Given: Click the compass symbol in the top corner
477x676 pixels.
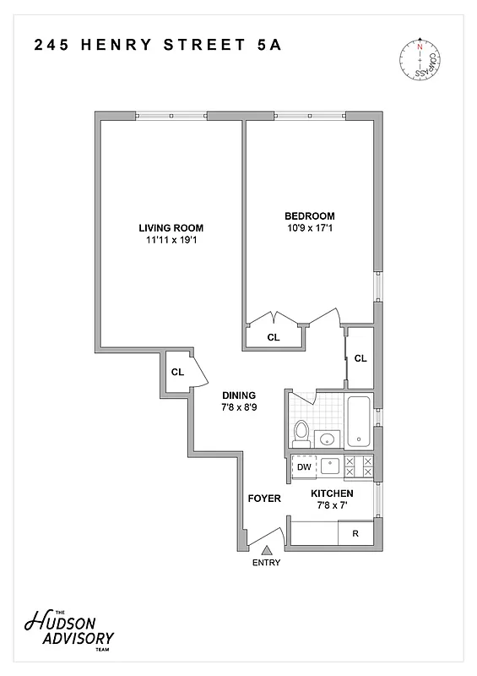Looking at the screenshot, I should (x=418, y=60).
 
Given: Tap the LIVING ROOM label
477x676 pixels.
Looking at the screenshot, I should (x=171, y=228).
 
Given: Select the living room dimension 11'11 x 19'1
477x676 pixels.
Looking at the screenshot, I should (x=171, y=241).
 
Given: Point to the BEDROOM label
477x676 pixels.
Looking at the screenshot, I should (x=310, y=215).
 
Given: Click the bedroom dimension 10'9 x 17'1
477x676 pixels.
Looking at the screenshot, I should (x=310, y=228).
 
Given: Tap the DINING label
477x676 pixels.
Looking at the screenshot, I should (x=239, y=395).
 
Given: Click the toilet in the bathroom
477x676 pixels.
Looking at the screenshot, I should (x=301, y=433).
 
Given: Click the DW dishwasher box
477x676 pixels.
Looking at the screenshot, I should (x=303, y=466).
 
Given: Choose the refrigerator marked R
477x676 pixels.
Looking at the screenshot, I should (x=355, y=534).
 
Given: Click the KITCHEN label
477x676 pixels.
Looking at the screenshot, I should (x=332, y=493).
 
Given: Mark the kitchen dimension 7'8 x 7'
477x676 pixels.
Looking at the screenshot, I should (x=332, y=506).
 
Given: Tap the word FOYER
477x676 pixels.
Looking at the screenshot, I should (x=263, y=499).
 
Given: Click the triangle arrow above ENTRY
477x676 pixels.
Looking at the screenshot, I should (x=266, y=550).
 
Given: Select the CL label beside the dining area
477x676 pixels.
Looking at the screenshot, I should (x=177, y=372).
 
